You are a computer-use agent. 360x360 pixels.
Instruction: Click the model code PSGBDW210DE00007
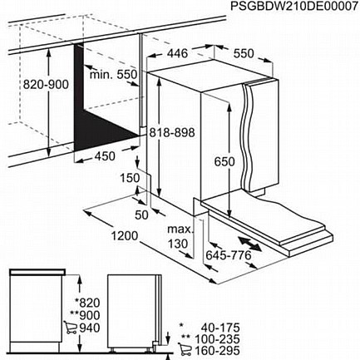pos(294,7)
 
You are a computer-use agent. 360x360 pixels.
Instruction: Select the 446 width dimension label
pos(177,53)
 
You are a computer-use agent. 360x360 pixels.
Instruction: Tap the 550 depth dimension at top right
pos(244,54)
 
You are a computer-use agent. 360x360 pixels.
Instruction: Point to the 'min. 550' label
pos(114,74)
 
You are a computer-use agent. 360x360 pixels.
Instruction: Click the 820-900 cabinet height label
pos(46,85)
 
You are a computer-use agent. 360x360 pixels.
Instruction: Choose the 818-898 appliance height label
pos(172,133)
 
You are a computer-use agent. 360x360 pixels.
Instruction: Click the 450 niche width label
pos(105,156)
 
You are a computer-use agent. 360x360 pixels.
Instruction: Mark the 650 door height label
pos(224,161)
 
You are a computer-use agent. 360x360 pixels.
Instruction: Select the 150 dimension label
pos(130,178)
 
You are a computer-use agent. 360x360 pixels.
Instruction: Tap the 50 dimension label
pos(141,215)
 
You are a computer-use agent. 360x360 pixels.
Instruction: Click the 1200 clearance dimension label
pos(125,236)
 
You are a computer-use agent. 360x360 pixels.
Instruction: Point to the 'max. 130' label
pos(180,236)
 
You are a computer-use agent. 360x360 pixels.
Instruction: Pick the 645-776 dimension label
pos(229,255)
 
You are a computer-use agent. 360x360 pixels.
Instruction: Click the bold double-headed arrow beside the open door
pos(250,244)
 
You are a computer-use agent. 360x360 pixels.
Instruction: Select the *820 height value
pos(87,303)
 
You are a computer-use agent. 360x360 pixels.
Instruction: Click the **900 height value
pos(85,315)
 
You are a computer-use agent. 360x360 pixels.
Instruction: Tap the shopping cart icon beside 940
pos(70,328)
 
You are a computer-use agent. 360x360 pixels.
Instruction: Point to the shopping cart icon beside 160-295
pos(185,350)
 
